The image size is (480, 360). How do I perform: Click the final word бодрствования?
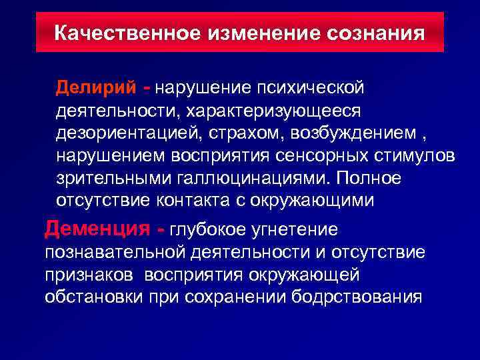click(x=357, y=297)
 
